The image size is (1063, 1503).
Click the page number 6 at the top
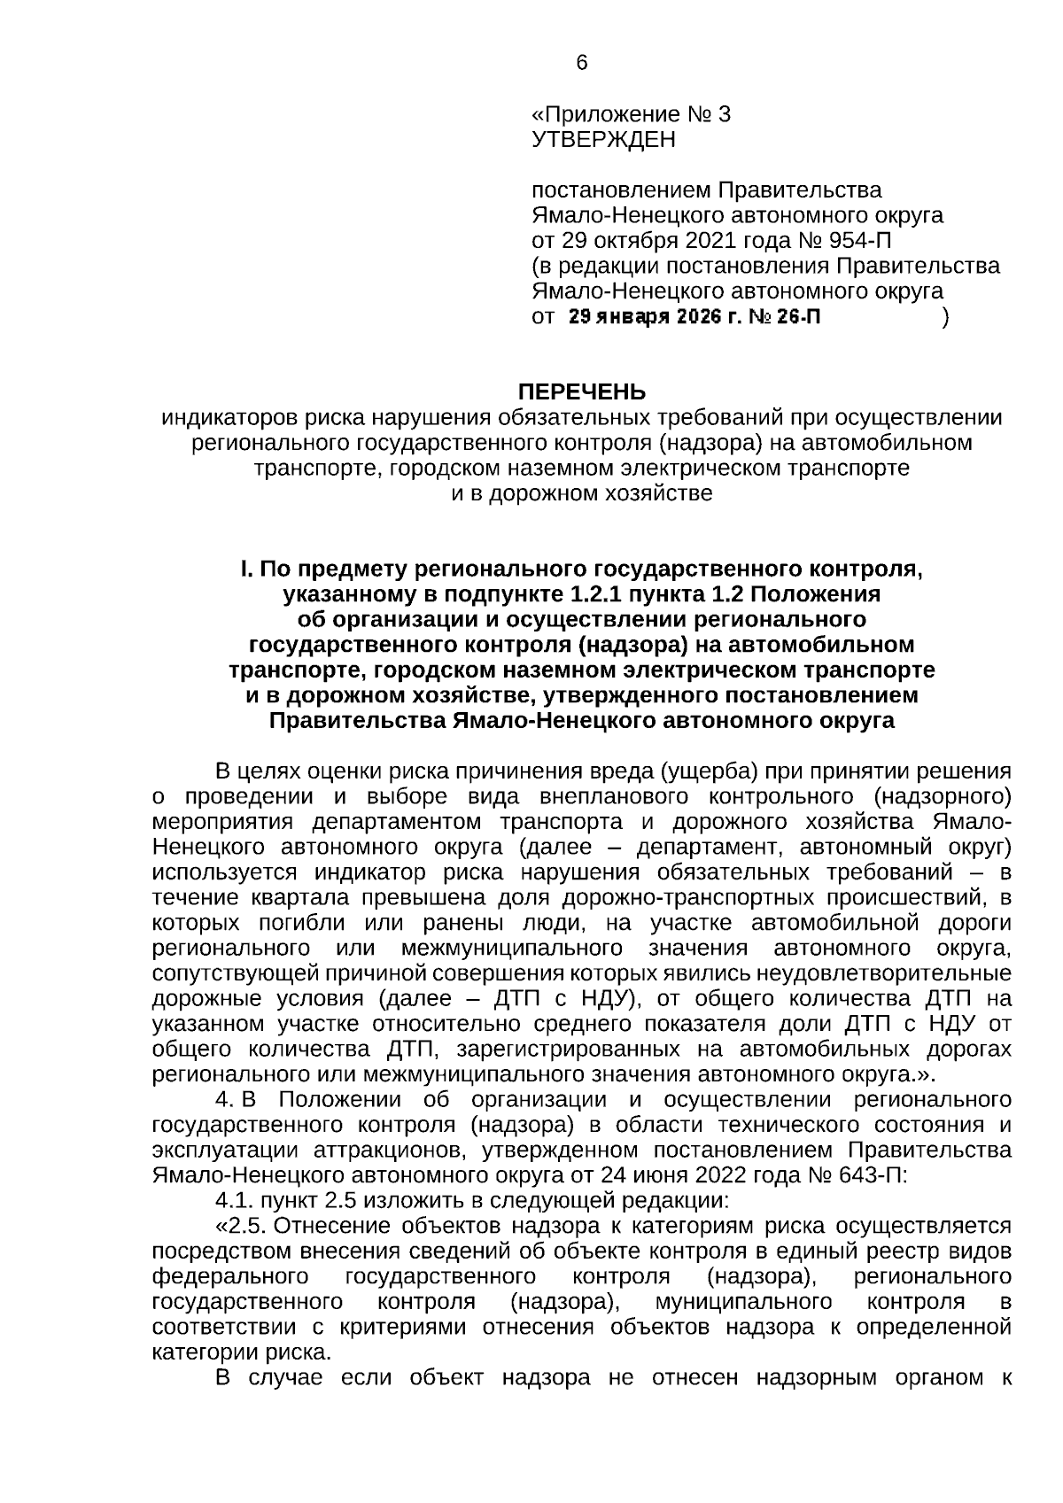[581, 63]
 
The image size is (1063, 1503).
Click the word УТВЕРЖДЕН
[602, 140]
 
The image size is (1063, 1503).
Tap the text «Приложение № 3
[631, 115]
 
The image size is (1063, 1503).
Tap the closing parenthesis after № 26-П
[946, 316]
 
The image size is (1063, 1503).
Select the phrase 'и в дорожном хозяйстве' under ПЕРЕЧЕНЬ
[581, 493]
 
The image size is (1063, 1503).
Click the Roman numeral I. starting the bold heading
[244, 569]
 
